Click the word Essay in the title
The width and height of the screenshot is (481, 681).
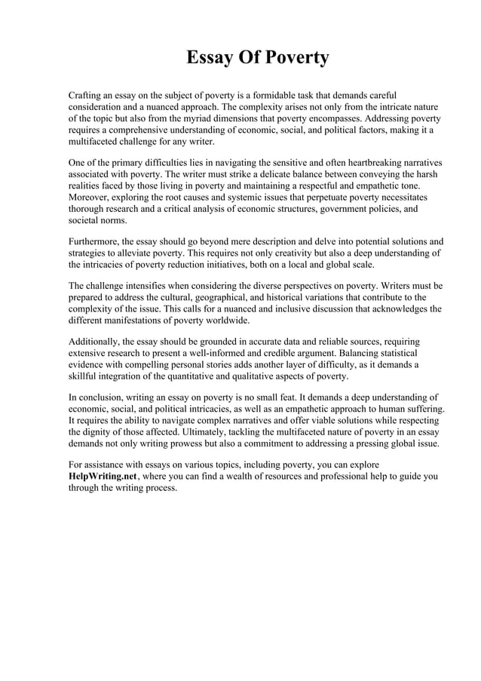(x=212, y=58)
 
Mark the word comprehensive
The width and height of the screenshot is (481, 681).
(x=143, y=130)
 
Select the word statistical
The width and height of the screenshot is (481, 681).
(x=398, y=353)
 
